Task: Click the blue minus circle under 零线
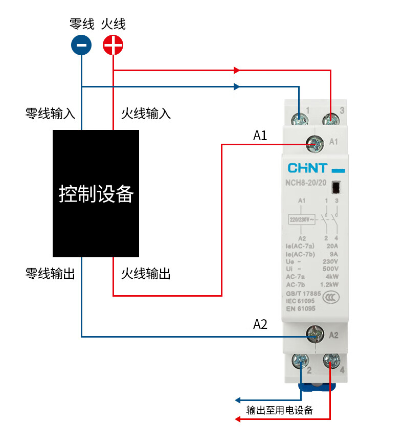tap(81, 46)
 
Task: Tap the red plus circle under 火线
tap(113, 46)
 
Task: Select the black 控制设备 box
tap(96, 193)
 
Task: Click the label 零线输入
tap(50, 113)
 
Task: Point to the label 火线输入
tap(146, 113)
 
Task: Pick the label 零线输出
tap(50, 274)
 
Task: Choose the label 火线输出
tap(146, 274)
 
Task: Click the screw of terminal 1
tap(299, 120)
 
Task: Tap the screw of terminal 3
tap(331, 120)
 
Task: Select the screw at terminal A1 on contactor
tap(315, 144)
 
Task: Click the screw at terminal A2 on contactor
tap(315, 335)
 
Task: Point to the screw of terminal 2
tap(300, 362)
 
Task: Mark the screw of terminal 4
tap(331, 362)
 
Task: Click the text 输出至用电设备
tap(279, 410)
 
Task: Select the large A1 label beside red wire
tap(260, 136)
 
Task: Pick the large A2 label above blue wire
tap(260, 324)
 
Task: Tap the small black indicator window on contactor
tap(336, 188)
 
